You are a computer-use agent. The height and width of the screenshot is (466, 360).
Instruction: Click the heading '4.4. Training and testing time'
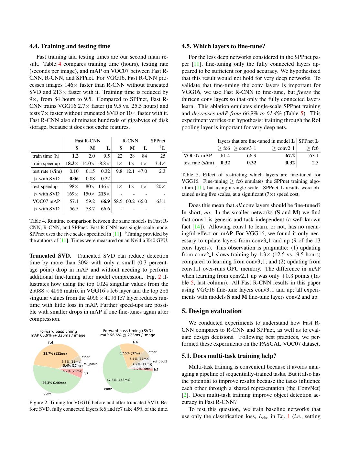point(70,46)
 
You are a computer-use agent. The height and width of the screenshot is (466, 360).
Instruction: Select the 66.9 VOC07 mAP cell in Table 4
point(105,201)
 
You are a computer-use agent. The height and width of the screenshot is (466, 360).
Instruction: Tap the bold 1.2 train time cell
point(75,156)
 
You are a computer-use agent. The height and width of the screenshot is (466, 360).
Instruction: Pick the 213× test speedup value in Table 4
point(104,194)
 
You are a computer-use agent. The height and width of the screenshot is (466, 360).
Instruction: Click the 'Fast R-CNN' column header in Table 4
point(88,141)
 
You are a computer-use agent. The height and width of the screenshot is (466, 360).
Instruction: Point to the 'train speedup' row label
point(46,163)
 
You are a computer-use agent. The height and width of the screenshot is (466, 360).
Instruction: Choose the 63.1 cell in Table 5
point(314,156)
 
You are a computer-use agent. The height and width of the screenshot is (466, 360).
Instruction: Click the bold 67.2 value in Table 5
point(290,156)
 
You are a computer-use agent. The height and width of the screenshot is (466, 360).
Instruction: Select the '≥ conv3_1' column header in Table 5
point(245,148)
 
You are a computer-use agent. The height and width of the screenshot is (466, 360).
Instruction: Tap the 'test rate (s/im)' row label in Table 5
point(199,163)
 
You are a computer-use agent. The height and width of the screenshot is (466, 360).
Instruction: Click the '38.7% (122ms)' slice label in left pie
point(55,354)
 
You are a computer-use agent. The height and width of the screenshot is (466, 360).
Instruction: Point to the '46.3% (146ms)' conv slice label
point(54,383)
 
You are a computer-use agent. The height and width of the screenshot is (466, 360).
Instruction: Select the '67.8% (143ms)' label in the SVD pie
point(118,380)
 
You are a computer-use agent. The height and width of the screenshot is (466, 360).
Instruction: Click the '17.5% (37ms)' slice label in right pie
point(131,353)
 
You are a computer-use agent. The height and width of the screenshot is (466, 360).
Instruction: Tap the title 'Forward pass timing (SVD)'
point(128,331)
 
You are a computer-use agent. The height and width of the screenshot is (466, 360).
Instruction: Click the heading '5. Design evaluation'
point(212,311)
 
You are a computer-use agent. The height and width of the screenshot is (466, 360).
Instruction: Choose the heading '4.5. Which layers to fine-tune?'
point(223,46)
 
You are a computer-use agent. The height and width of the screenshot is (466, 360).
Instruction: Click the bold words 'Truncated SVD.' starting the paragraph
point(50,256)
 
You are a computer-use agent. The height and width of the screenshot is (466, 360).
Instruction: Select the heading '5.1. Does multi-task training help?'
point(229,356)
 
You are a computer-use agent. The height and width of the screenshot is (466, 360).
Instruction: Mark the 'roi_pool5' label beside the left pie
point(91,364)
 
